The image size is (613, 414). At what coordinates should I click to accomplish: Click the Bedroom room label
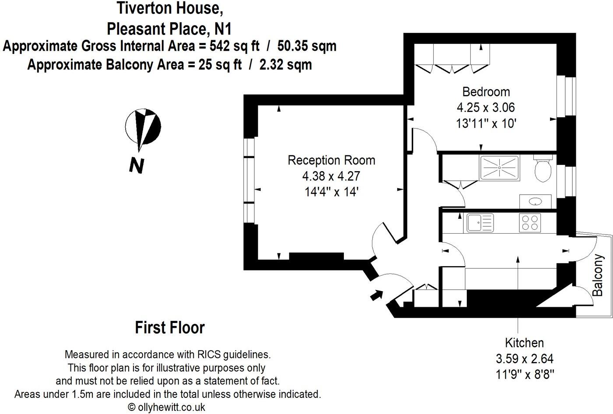coord(486,92)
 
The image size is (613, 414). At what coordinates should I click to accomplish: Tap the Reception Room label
coord(331,160)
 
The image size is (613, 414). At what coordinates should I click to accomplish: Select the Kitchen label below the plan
coord(524,343)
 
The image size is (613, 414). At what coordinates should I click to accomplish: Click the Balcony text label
coord(598,275)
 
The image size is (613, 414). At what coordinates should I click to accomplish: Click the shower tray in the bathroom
coord(499,168)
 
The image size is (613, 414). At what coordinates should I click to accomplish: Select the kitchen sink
coord(480,222)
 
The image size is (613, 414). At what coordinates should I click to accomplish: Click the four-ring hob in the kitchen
coord(530,222)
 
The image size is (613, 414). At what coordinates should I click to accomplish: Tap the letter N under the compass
coord(137,165)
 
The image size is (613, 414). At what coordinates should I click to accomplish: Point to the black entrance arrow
coord(375,295)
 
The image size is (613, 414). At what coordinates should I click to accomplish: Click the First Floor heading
coord(170,327)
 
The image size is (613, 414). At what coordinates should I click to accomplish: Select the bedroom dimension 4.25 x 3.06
coord(486,108)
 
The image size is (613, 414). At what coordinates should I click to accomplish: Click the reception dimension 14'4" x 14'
coord(331,192)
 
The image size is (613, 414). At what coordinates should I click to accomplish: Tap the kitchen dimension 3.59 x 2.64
coord(524,359)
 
